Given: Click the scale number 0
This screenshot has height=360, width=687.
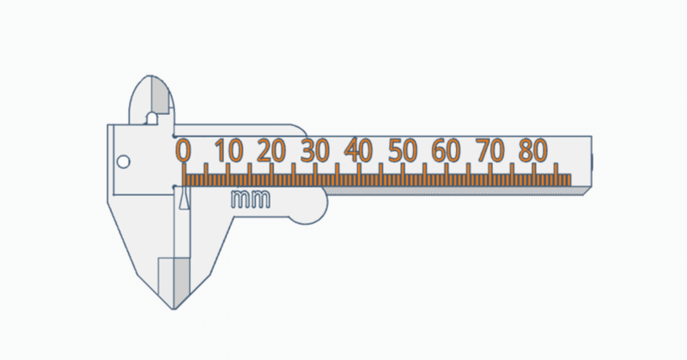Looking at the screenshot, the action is point(184,150).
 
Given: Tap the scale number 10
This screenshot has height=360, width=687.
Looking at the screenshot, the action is point(228,150).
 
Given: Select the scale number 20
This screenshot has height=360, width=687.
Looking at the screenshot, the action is point(271,150).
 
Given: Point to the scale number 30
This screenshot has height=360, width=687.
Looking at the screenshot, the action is point(314,150).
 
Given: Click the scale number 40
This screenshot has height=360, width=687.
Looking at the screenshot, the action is point(358,150).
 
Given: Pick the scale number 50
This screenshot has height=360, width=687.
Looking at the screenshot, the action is point(403,150).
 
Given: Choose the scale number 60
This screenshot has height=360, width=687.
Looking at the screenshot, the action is point(446,150).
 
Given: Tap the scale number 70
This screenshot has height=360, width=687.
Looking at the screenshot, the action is point(489,150).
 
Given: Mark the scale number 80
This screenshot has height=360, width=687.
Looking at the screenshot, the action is point(533,150).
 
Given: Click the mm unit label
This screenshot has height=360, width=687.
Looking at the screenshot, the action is point(251,199).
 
